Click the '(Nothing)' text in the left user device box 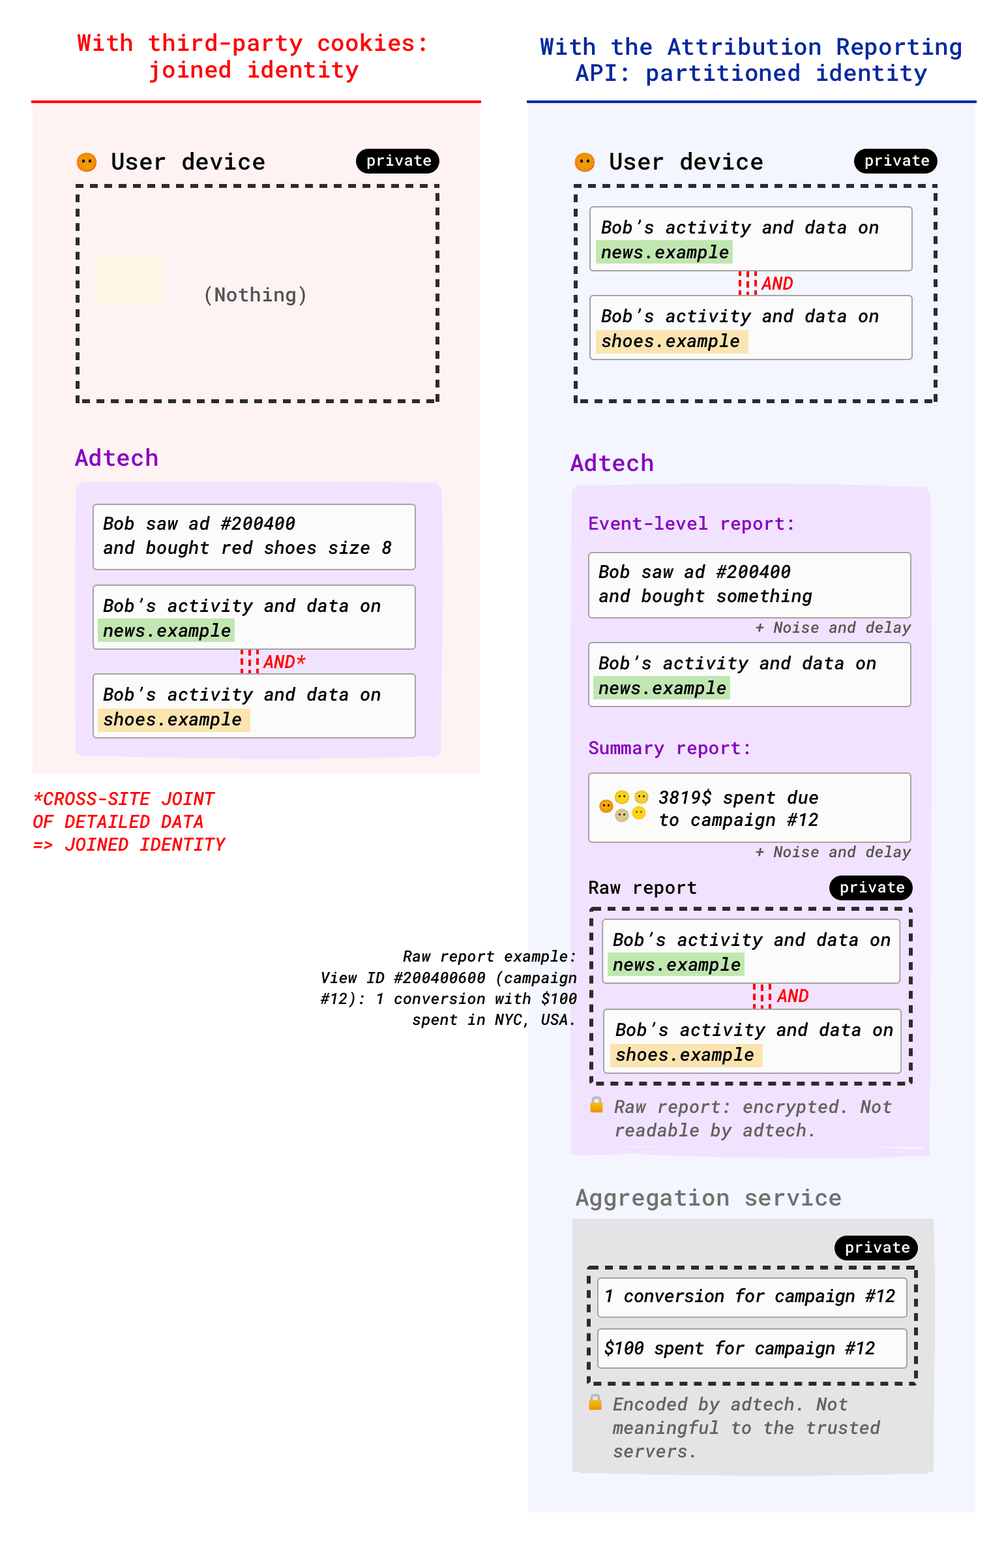(x=255, y=295)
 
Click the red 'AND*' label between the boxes (x=284, y=662)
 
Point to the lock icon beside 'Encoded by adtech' (x=595, y=1402)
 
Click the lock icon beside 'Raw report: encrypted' (x=596, y=1105)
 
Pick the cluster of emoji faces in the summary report (x=623, y=806)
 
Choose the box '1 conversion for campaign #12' (x=751, y=1296)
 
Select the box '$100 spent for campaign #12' (x=751, y=1348)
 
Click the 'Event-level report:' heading (x=691, y=524)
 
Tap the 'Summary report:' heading (x=669, y=748)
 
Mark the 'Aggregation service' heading (x=708, y=1198)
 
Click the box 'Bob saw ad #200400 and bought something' (x=749, y=585)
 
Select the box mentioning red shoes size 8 (x=254, y=536)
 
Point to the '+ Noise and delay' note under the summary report (x=833, y=852)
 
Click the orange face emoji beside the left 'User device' (x=87, y=162)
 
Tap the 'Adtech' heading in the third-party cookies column (x=117, y=458)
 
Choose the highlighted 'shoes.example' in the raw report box (x=685, y=1055)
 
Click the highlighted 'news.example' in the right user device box (x=664, y=252)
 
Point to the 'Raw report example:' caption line (x=489, y=956)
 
